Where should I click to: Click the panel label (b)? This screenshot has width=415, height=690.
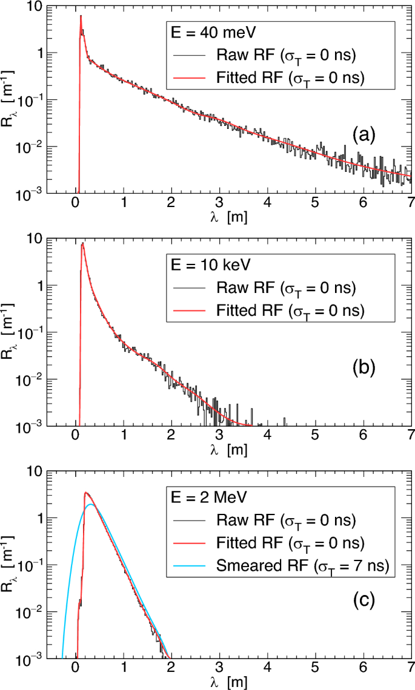pos(364,367)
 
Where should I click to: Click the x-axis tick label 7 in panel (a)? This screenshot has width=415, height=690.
pos(410,203)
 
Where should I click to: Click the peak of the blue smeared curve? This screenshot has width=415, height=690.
pos(91,504)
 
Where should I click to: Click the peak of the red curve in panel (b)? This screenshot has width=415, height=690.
pos(83,244)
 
